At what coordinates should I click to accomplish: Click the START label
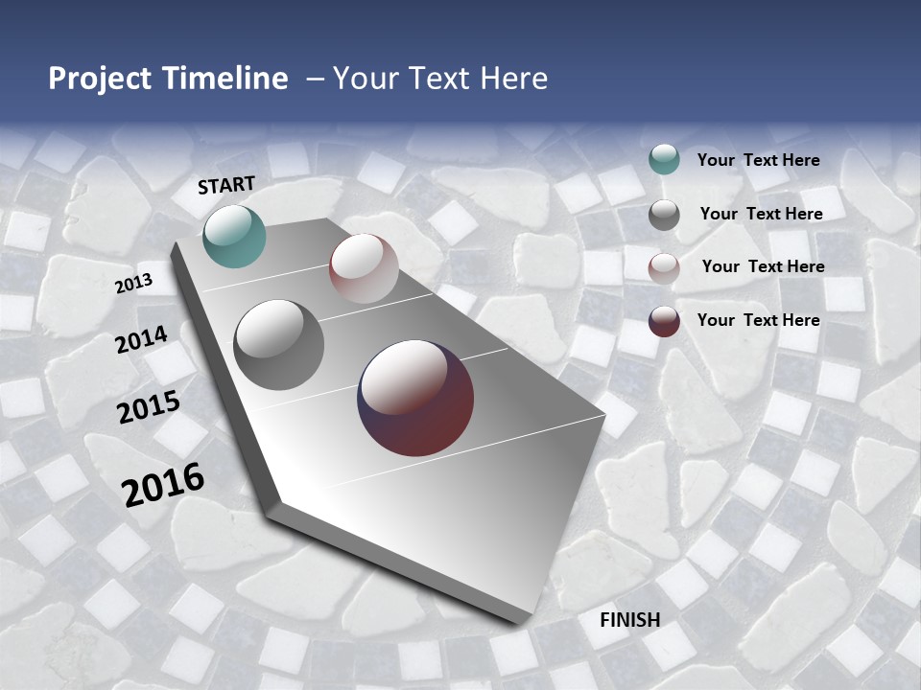click(x=226, y=185)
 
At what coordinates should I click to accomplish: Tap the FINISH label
click(x=630, y=620)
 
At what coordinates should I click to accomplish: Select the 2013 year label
click(x=134, y=284)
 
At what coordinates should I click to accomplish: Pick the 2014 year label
click(x=142, y=339)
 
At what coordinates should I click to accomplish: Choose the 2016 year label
click(x=163, y=484)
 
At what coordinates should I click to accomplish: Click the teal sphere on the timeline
click(x=234, y=236)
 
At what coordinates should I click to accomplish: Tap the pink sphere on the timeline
click(x=364, y=268)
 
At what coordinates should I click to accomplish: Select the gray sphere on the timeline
click(x=279, y=345)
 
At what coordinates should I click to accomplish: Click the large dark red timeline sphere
click(x=415, y=398)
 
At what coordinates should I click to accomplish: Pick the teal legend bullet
click(x=664, y=160)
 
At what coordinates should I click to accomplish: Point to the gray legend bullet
click(x=664, y=215)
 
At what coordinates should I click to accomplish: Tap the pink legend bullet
click(x=664, y=268)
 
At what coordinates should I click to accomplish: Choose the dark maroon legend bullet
click(x=664, y=321)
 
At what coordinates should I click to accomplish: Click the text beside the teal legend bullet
click(x=759, y=160)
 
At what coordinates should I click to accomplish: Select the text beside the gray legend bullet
click(x=761, y=214)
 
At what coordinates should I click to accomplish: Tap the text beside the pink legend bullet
click(x=763, y=266)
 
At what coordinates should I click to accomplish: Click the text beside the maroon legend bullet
click(x=759, y=319)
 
